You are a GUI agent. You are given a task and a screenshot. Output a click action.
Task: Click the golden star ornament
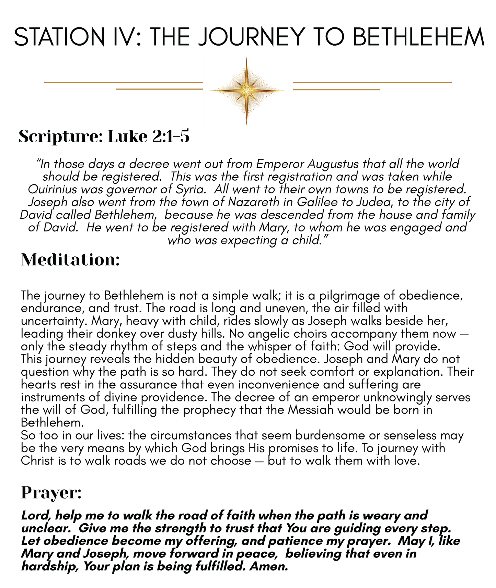pos(246,91)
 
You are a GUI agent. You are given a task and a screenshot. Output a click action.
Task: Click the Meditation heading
pos(70,260)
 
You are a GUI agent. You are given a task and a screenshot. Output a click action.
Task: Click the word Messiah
pos(311,410)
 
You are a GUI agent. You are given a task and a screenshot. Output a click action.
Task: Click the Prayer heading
pos(51,493)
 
